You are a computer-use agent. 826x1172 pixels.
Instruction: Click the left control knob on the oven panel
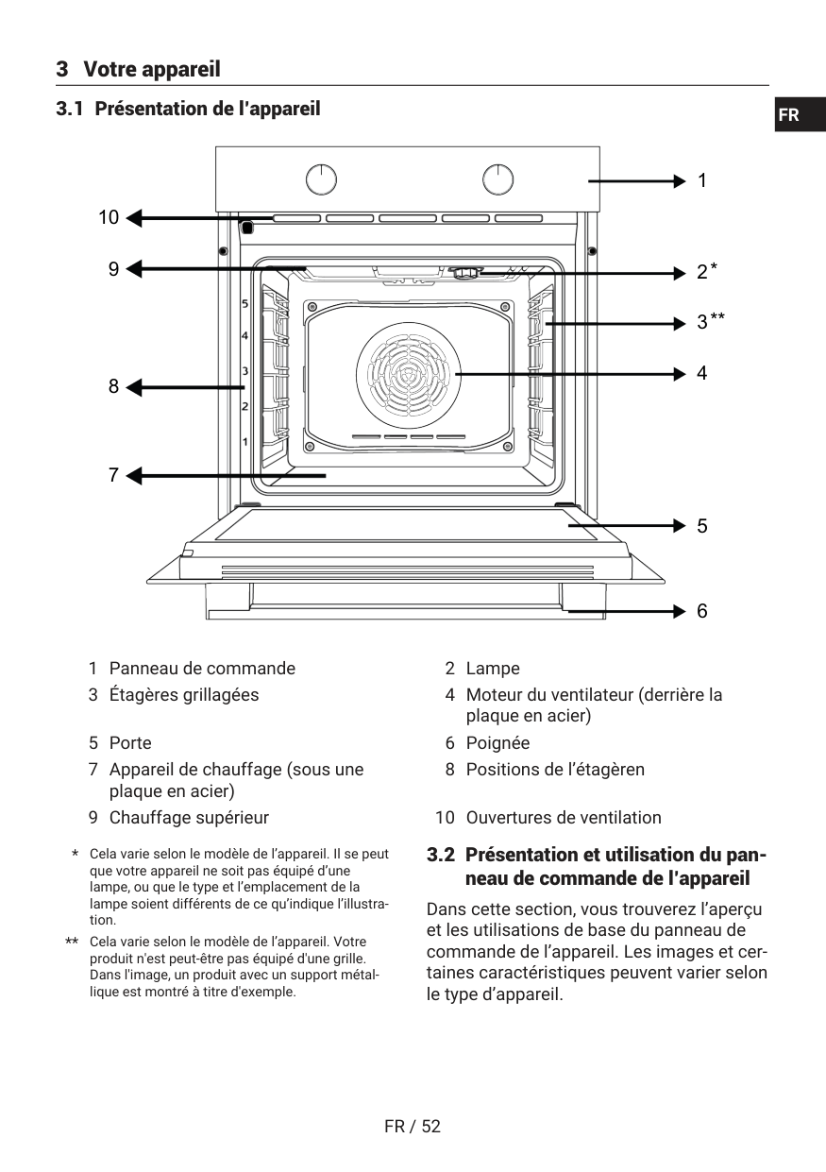[x=321, y=178]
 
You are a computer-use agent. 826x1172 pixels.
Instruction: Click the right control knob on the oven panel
[x=497, y=178]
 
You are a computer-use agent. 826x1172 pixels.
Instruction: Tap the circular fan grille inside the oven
[x=408, y=374]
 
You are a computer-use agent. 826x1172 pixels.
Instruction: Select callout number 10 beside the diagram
[x=109, y=218]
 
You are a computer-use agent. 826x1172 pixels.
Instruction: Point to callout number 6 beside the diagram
[x=701, y=611]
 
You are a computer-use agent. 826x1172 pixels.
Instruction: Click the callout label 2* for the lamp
[x=706, y=272]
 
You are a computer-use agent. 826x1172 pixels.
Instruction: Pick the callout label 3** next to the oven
[x=710, y=322]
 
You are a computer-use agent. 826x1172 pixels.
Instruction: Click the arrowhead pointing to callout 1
[x=679, y=180]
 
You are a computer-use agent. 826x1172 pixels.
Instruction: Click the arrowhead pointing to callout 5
[x=679, y=525]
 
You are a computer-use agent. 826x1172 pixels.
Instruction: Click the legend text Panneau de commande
[x=202, y=669]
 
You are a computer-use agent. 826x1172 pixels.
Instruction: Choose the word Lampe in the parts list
[x=493, y=669]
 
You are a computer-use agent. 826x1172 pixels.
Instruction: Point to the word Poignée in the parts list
[x=497, y=743]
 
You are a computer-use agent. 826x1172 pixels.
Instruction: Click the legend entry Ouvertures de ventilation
[x=564, y=818]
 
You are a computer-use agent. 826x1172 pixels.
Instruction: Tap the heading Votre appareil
[x=151, y=69]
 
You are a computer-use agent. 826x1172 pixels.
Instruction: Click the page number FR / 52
[x=413, y=1127]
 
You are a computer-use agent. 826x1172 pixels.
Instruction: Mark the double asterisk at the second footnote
[x=72, y=943]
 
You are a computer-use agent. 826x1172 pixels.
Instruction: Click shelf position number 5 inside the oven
[x=244, y=305]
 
